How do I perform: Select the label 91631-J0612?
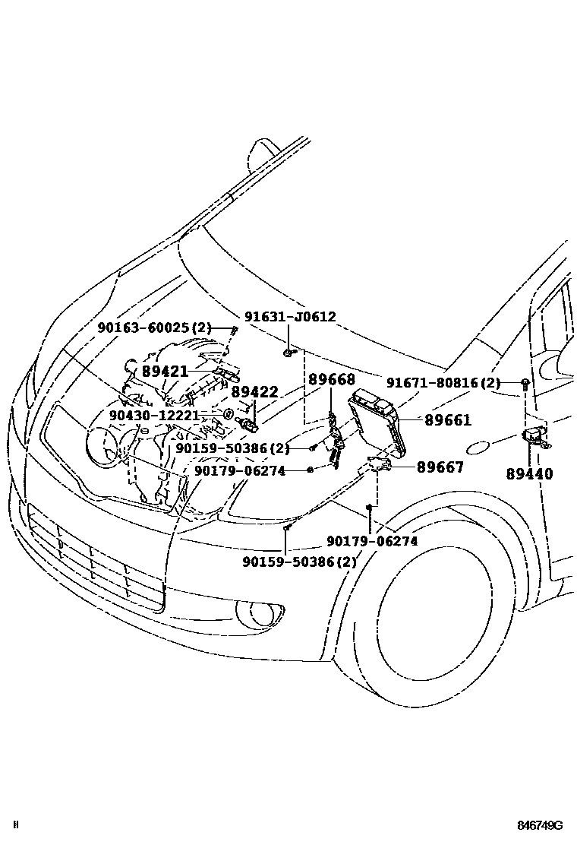click(x=289, y=317)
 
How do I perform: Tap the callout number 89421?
click(x=165, y=371)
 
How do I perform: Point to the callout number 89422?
click(x=254, y=391)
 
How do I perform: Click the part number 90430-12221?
click(x=154, y=416)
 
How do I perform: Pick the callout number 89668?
click(x=331, y=378)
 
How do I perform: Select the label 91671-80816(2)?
click(x=443, y=382)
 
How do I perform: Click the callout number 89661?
click(x=448, y=419)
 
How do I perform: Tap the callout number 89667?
click(x=440, y=467)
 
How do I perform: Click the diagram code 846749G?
click(x=540, y=826)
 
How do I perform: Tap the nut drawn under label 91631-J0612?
click(x=288, y=352)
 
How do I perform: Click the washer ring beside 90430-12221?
click(x=226, y=414)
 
